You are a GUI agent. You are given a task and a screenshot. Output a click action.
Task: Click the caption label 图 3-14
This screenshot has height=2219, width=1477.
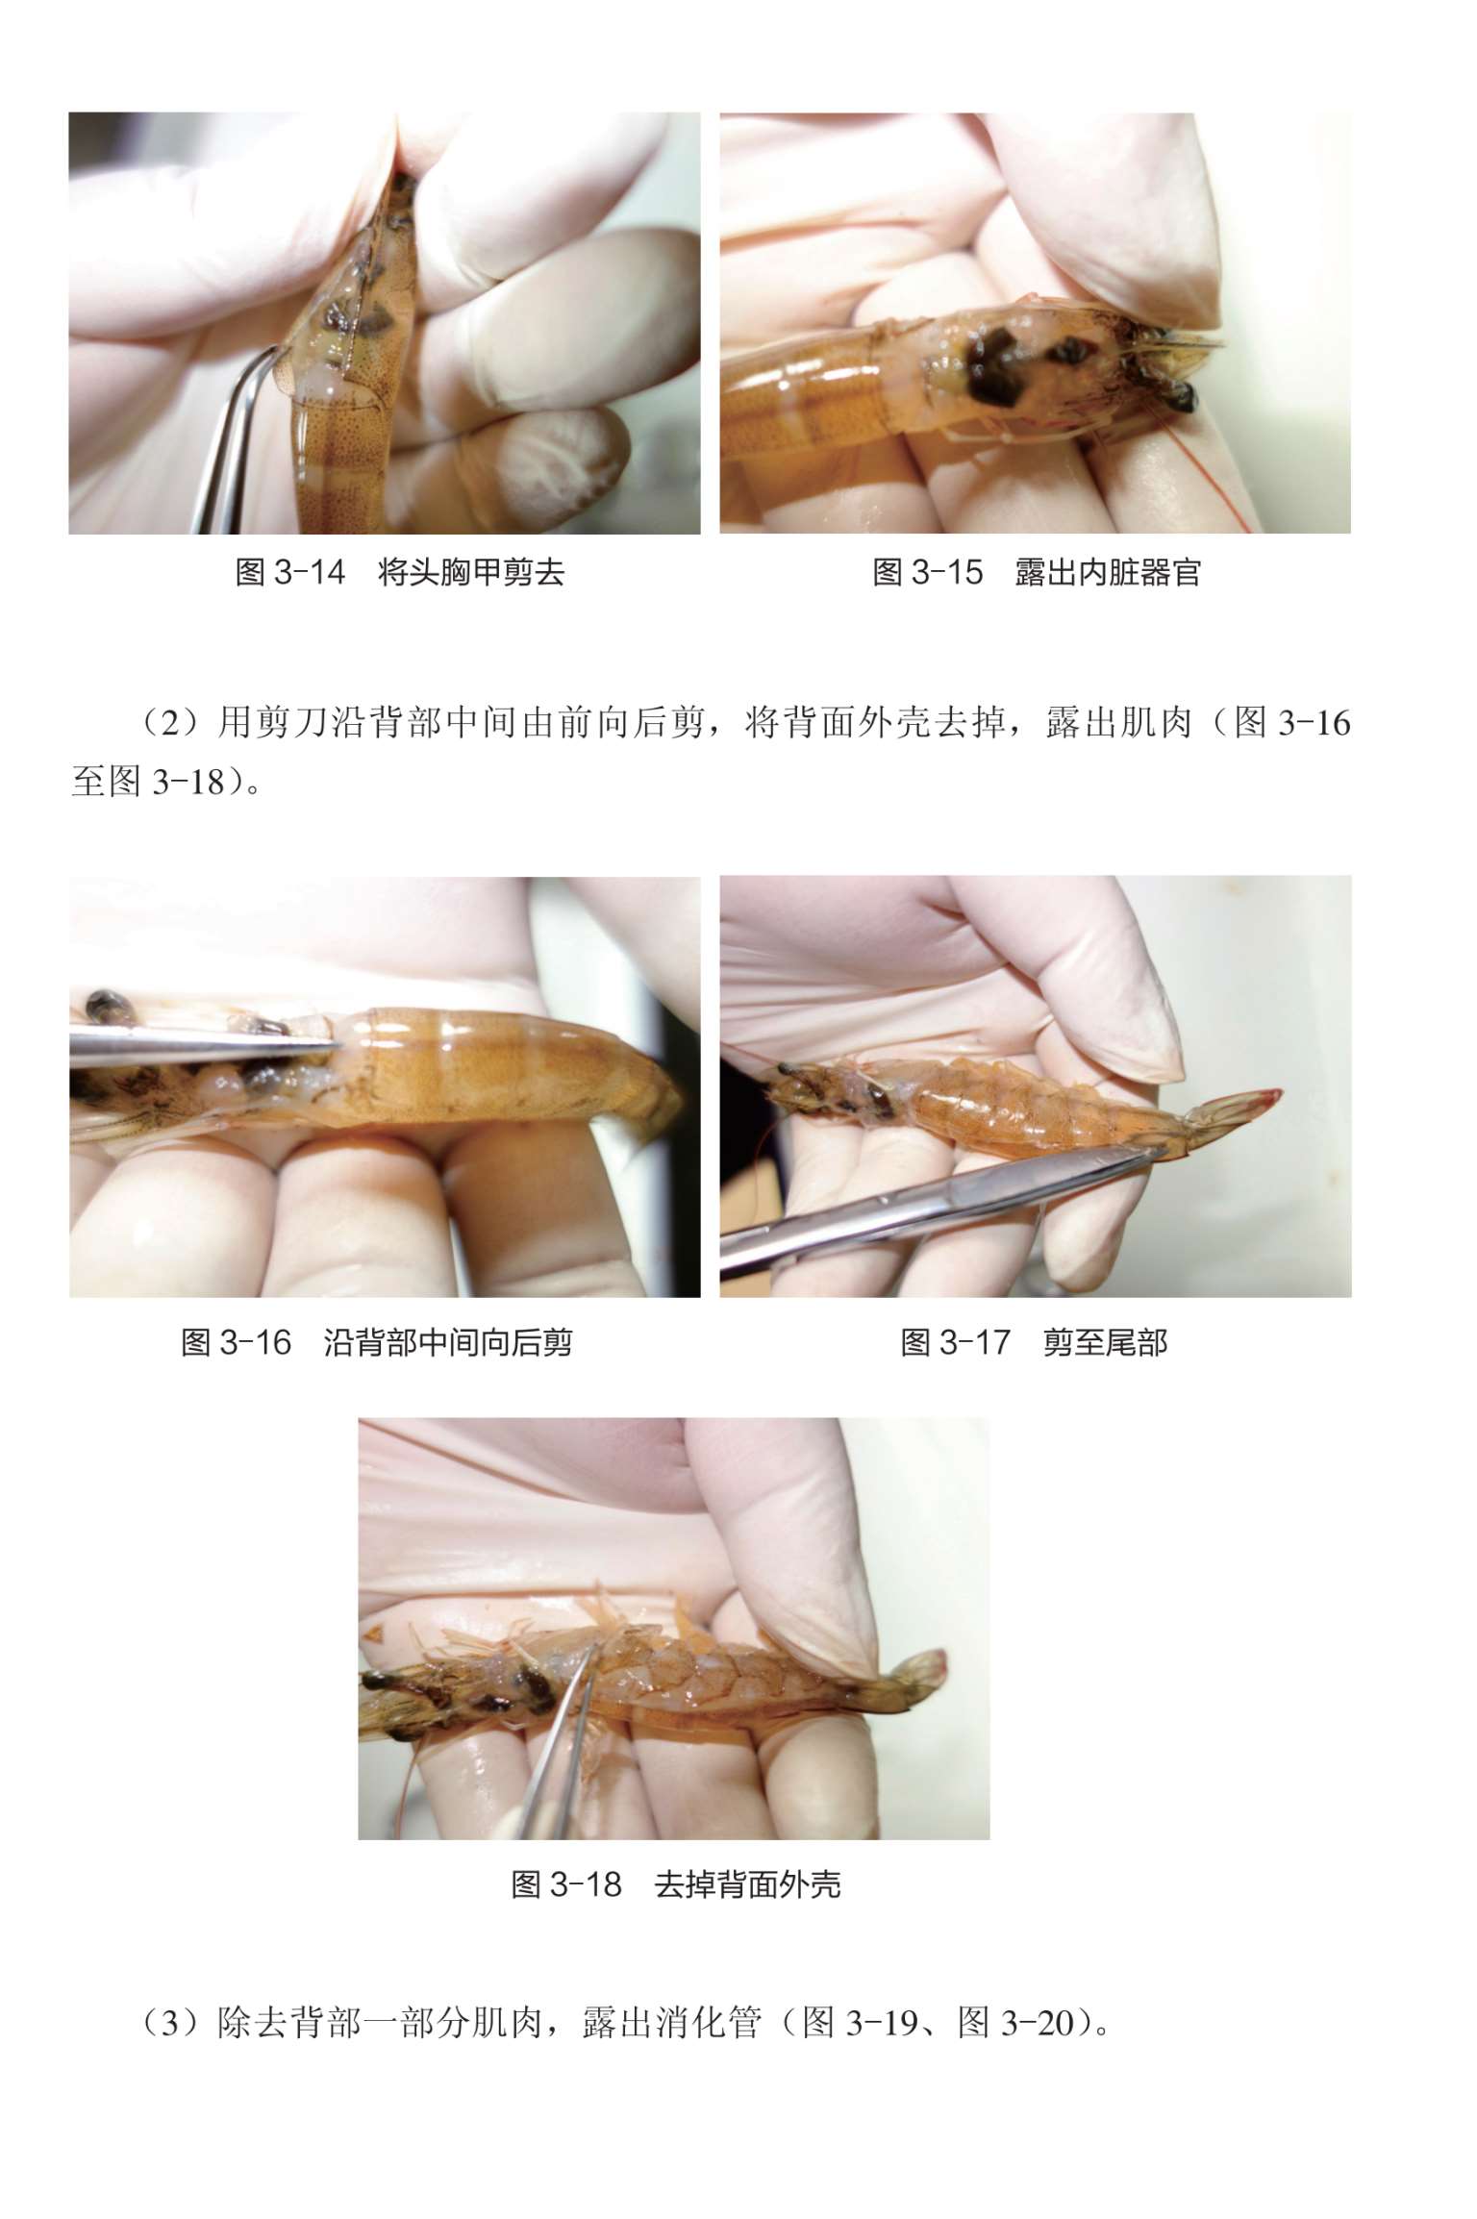[290, 573]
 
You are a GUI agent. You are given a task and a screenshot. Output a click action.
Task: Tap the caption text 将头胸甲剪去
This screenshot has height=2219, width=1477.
[471, 573]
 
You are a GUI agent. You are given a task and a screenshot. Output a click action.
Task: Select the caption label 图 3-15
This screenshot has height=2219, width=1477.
[928, 573]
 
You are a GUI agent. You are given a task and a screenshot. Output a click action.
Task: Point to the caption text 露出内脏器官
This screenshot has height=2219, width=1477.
[1109, 573]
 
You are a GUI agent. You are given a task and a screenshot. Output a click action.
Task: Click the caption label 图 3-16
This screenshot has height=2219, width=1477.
[237, 1342]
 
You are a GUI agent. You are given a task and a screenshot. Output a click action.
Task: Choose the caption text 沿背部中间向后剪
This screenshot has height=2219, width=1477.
[448, 1342]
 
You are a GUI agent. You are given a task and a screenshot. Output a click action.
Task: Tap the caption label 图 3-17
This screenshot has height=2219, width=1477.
[956, 1342]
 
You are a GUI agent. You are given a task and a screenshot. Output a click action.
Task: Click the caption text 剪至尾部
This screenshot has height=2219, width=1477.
[1106, 1342]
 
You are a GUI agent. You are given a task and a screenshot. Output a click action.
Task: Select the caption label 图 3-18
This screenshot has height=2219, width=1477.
[566, 1884]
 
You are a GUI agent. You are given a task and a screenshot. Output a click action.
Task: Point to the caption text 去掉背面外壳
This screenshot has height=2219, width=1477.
[748, 1884]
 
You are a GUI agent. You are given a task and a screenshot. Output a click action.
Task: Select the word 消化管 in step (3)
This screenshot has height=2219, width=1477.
[710, 2025]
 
